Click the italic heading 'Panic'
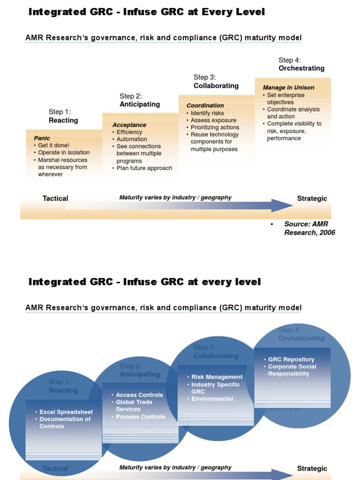(x=42, y=138)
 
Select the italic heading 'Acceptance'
(x=129, y=125)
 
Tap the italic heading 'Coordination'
(x=205, y=105)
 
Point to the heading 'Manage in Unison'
(x=288, y=88)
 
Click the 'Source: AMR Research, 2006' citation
(x=309, y=228)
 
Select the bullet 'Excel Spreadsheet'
(x=66, y=412)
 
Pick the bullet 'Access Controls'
(x=139, y=395)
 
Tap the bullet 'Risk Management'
(x=217, y=377)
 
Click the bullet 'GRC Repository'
(x=291, y=360)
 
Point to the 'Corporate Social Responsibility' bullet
(x=292, y=370)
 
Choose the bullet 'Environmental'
(x=212, y=399)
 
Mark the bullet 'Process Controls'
(x=140, y=417)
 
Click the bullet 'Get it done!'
(x=53, y=145)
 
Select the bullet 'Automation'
(x=132, y=139)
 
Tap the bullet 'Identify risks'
(x=207, y=113)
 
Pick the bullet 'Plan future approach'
(x=144, y=168)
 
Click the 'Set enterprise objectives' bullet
(x=285, y=98)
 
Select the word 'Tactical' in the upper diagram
(x=55, y=198)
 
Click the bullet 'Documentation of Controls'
(x=65, y=423)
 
